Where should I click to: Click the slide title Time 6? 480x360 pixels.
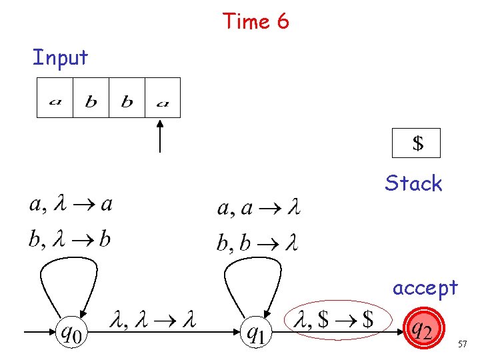(256, 21)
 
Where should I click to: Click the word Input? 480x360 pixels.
(60, 57)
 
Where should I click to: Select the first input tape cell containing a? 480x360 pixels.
(55, 98)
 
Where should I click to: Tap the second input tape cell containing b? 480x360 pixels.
(91, 98)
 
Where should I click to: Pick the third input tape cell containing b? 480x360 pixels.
(127, 98)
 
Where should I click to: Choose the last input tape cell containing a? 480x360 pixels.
(162, 98)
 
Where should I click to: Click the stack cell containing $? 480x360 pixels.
(417, 143)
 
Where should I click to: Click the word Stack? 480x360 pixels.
(413, 183)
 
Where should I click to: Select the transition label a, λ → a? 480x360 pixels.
(71, 205)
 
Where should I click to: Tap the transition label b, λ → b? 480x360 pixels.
(69, 239)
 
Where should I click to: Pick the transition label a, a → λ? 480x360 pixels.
(259, 209)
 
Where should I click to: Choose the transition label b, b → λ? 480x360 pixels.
(257, 243)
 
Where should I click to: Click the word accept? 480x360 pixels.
(425, 287)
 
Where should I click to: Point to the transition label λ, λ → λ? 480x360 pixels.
(154, 321)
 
